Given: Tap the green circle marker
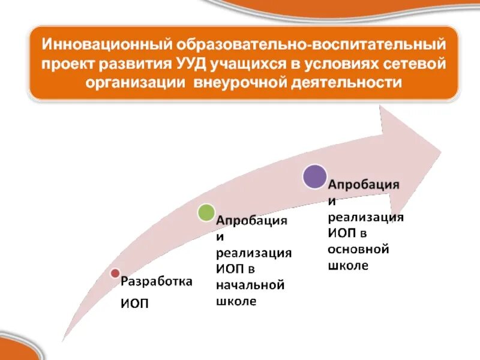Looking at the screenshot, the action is tap(206, 212).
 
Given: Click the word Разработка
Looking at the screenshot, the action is tap(157, 281).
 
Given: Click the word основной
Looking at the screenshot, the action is tap(359, 248).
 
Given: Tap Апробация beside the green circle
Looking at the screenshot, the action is tap(252, 221).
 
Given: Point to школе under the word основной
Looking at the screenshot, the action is tap(348, 265).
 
